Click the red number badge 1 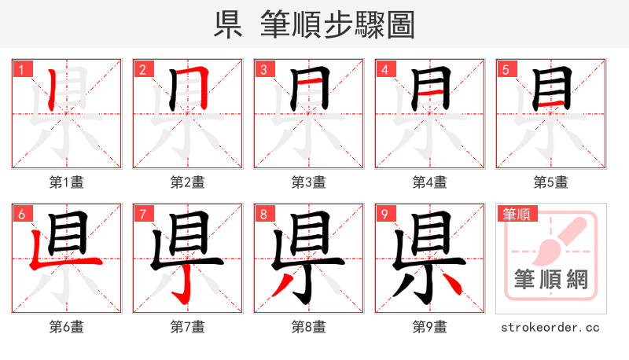(x=21, y=69)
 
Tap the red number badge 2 (x=142, y=69)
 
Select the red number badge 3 (x=263, y=69)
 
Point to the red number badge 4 (x=384, y=69)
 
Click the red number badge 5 (x=506, y=69)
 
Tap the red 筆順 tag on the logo (x=516, y=213)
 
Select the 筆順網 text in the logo (x=551, y=279)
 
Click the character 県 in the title (x=228, y=24)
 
